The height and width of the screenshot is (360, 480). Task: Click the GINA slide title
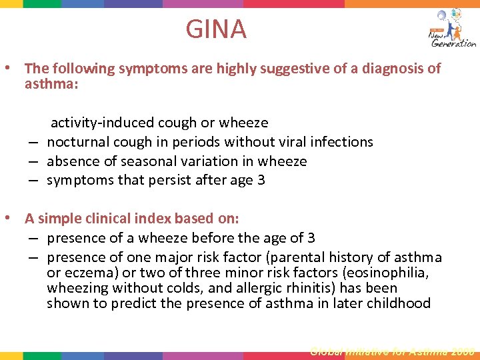point(216,29)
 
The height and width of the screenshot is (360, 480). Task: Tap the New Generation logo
point(452,28)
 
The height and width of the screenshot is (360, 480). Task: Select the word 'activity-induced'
point(103,123)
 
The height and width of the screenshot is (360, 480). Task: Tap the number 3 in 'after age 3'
point(261,181)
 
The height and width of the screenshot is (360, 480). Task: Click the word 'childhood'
point(398,304)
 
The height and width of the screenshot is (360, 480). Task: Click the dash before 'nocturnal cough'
point(33,142)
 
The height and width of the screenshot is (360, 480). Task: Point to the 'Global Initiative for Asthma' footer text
point(392,351)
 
